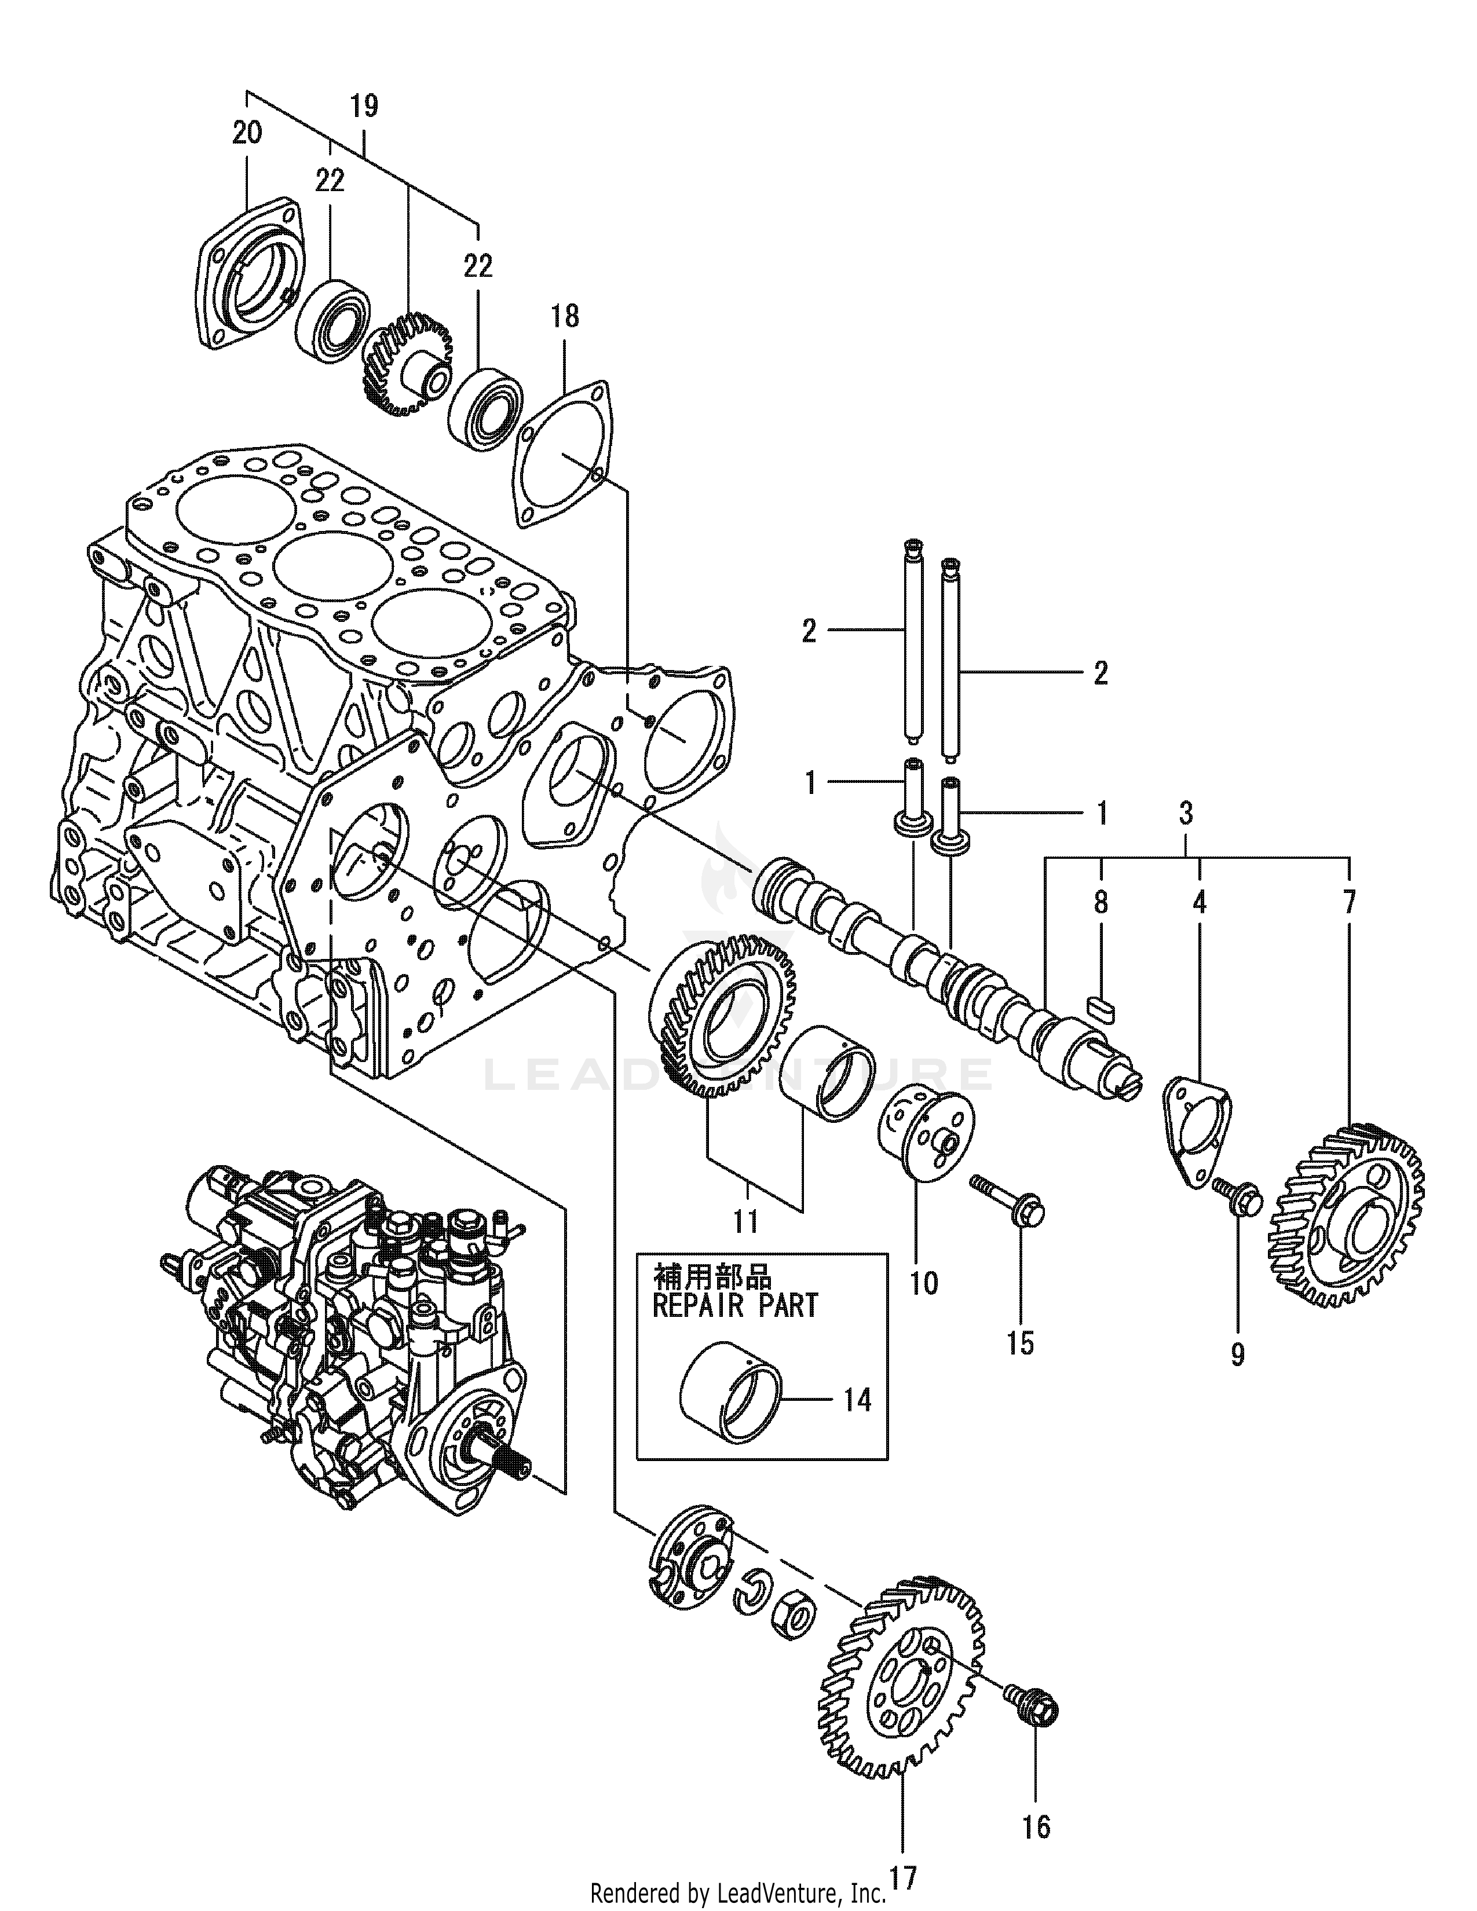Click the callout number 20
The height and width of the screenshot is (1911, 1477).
247,134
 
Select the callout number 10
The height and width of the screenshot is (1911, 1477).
923,1284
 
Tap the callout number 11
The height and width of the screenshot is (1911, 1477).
745,1221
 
